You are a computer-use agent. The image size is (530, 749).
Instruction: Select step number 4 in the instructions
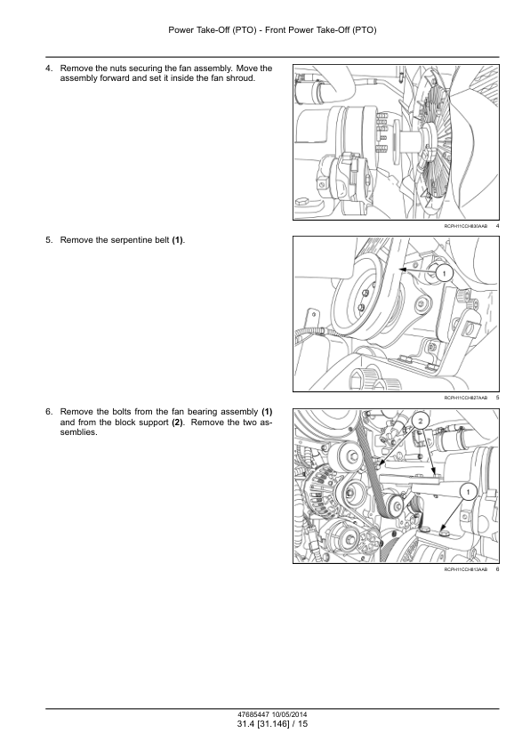[x=48, y=68]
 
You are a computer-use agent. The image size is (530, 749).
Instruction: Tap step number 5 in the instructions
[x=48, y=240]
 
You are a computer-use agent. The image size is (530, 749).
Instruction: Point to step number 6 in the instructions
[x=48, y=412]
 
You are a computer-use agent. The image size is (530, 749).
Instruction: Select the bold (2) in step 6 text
[x=177, y=423]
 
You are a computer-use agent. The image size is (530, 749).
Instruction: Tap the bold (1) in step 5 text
[x=177, y=240]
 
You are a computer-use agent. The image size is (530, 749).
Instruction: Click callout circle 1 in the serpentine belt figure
[x=444, y=273]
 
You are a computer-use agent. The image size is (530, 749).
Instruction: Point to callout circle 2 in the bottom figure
[x=421, y=421]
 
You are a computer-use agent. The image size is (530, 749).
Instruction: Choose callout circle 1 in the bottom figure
[x=469, y=492]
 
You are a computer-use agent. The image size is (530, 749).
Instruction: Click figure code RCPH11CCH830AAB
[x=466, y=226]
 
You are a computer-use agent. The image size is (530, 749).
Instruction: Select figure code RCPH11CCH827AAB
[x=466, y=398]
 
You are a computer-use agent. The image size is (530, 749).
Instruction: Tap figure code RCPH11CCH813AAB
[x=466, y=569]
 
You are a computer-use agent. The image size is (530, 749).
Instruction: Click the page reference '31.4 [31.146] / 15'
[x=272, y=724]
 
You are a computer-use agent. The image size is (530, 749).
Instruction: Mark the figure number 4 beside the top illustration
[x=497, y=226]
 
